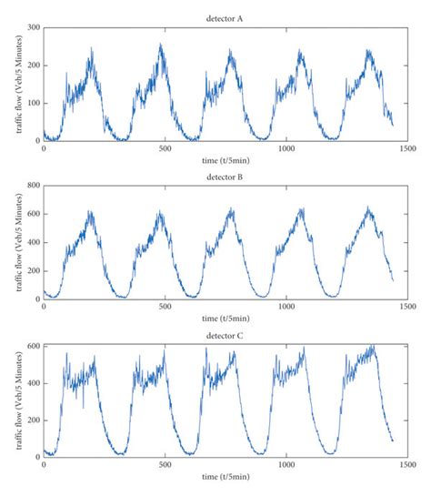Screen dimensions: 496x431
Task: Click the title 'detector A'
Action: pyautogui.click(x=225, y=17)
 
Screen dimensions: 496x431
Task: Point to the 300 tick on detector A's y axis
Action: pyautogui.click(x=33, y=28)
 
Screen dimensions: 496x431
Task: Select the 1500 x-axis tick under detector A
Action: pyautogui.click(x=406, y=147)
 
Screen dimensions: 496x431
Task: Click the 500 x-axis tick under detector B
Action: pyautogui.click(x=165, y=307)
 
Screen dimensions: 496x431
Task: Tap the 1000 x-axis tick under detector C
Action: pyautogui.click(x=286, y=465)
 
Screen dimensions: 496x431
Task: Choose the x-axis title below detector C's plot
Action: pyautogui.click(x=225, y=476)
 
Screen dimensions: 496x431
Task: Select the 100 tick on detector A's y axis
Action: pyautogui.click(x=33, y=102)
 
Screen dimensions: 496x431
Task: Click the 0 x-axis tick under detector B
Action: pyautogui.click(x=44, y=307)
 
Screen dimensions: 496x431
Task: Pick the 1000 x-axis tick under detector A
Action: pyautogui.click(x=286, y=147)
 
